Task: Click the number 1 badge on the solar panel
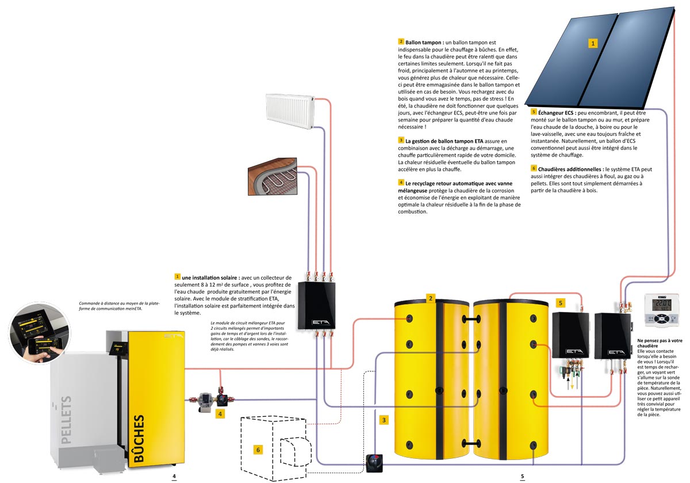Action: coord(593,43)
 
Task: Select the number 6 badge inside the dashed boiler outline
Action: coord(258,449)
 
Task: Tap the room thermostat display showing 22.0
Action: coord(661,309)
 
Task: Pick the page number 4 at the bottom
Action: coord(174,477)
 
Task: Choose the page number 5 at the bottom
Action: coord(522,477)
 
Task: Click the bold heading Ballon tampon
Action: coord(424,42)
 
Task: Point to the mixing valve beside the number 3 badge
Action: coord(375,463)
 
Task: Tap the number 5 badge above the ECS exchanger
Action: coord(561,302)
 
